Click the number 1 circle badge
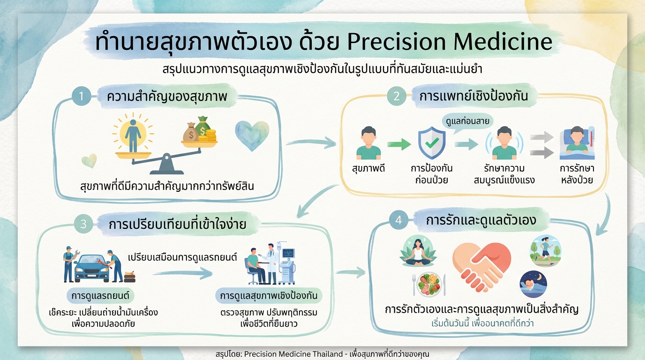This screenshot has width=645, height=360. [x=81, y=97]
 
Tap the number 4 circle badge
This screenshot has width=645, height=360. [x=398, y=221]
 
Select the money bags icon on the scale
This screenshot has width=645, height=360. [x=199, y=130]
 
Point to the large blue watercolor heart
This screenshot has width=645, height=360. [x=252, y=135]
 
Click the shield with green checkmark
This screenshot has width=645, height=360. [x=431, y=144]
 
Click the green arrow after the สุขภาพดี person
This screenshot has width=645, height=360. [x=399, y=145]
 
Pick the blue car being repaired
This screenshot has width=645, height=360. [x=92, y=268]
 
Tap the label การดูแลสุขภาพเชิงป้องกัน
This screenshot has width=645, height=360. [x=269, y=296]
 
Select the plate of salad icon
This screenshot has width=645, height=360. [x=428, y=285]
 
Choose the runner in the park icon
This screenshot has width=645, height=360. [x=545, y=251]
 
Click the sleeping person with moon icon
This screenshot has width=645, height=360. [x=533, y=284]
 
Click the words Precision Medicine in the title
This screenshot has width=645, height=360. [x=450, y=42]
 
